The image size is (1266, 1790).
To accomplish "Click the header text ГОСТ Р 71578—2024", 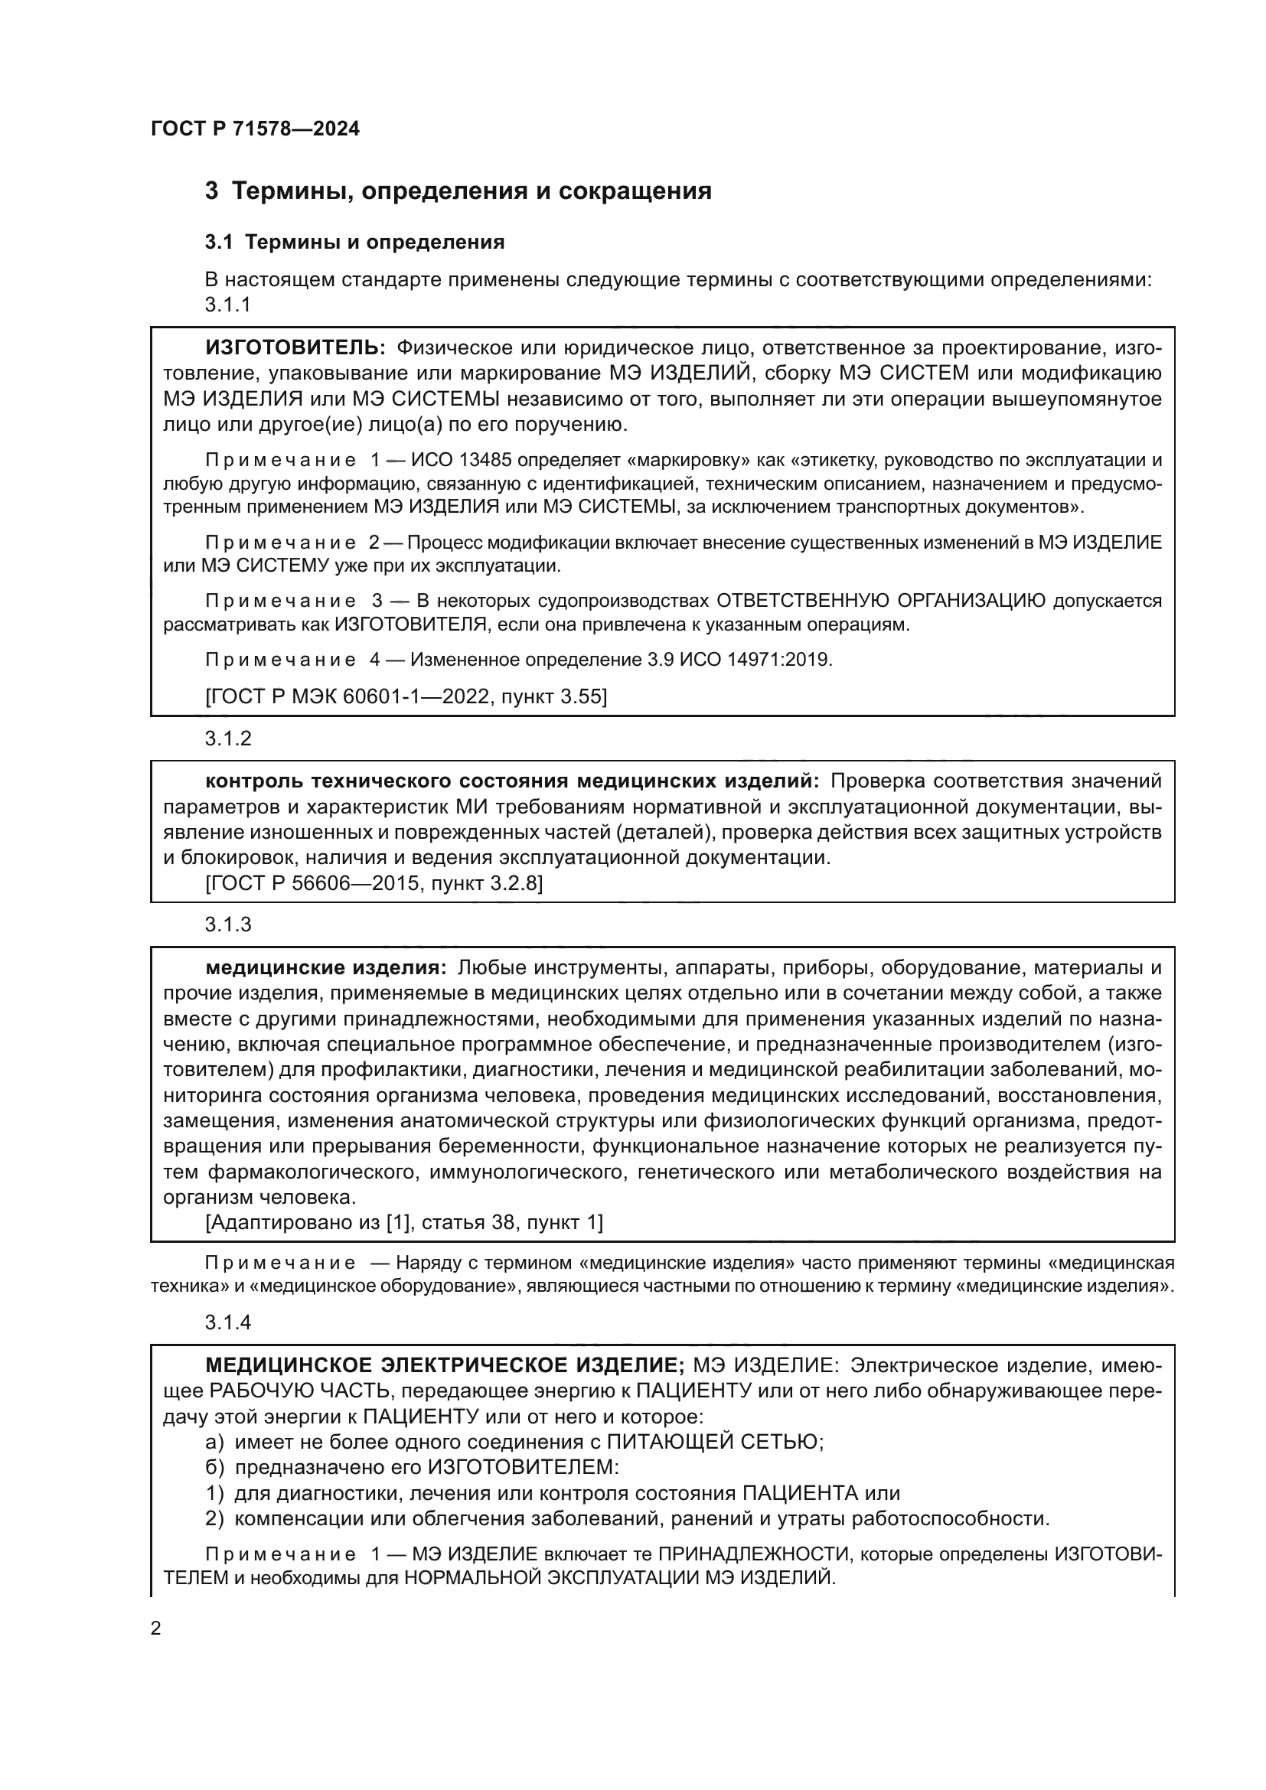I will pos(255,129).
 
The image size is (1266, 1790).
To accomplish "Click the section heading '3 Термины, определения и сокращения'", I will pos(458,191).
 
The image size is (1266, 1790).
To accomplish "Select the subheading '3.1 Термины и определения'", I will pos(354,243).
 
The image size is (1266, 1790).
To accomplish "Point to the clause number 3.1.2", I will pos(227,738).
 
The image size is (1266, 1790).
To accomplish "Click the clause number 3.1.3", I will pos(227,924).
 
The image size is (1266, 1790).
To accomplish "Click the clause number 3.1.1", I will pos(227,305).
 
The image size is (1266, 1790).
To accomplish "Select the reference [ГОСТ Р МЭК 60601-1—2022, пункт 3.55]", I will pos(406,696).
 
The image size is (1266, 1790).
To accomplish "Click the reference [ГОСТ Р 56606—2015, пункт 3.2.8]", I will pos(374,883).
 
